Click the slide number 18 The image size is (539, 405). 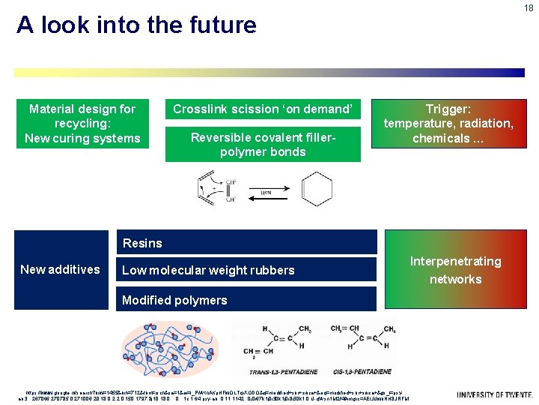click(529, 8)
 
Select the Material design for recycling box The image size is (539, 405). click(82, 124)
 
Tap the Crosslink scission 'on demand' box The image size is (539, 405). click(263, 109)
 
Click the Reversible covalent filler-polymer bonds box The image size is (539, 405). click(263, 145)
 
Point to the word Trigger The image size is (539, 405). click(448, 109)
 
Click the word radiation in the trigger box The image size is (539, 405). click(487, 124)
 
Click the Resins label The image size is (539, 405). click(142, 243)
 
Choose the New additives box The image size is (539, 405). click(60, 269)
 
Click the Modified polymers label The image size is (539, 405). click(174, 300)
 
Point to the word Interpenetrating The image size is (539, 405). click(455, 261)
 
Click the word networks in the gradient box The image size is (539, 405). click(455, 279)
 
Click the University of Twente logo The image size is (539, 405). click(495, 394)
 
